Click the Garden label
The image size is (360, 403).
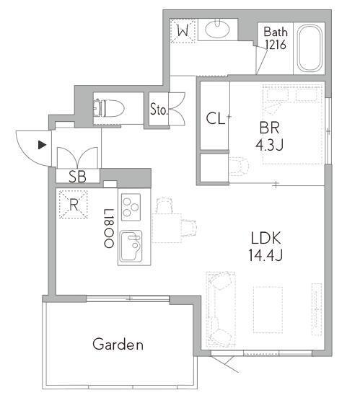pos(118,345)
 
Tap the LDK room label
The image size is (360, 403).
pos(265,238)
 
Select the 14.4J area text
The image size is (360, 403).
pos(265,255)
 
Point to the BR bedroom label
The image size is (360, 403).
pos(269,128)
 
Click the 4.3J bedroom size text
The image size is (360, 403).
pos(269,144)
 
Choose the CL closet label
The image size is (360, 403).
pos(216,118)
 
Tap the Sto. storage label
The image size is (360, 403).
pos(159,109)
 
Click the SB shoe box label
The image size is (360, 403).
pos(77,177)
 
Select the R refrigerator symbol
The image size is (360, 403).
pos(74,205)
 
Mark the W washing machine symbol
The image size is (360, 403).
pos(183,31)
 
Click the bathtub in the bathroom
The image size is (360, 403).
pos(309,48)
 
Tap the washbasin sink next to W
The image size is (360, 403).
pos(218,28)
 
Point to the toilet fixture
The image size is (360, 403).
pos(109,108)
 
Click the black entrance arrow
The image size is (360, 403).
pos(42,145)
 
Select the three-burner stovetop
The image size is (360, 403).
pos(131,207)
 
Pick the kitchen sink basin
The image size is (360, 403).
pos(131,247)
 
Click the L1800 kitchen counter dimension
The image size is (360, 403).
pos(108,229)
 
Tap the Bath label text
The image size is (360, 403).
pos(276,32)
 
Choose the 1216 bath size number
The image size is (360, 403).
pos(276,45)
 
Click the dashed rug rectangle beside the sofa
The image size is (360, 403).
pos(268,310)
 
